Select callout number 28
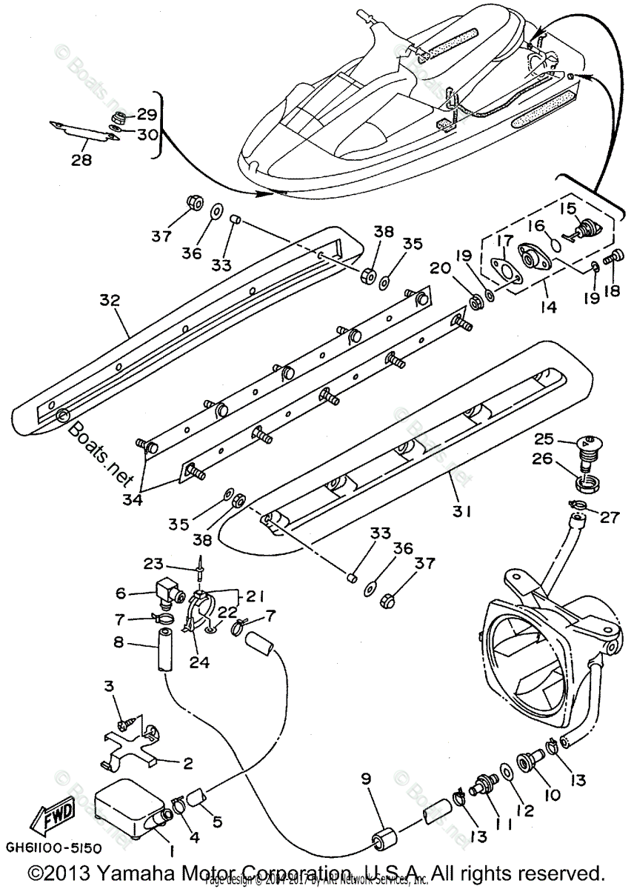click(81, 159)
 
